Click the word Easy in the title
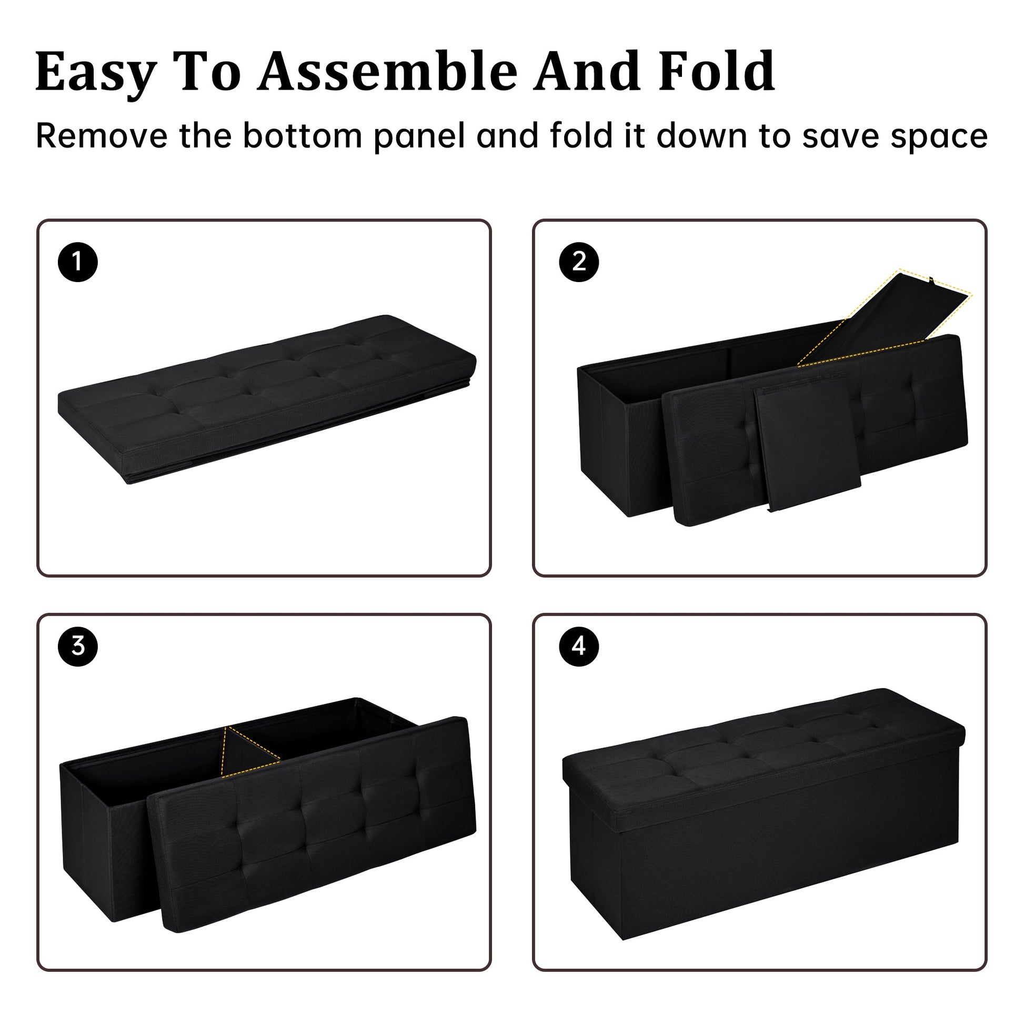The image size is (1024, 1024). pos(96,73)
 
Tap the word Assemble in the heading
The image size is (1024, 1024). pos(387,72)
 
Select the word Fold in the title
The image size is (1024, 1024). pos(717,72)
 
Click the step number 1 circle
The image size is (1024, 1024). pos(78,262)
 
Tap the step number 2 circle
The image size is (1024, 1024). pos(579,262)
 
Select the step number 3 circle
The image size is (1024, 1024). pos(78,646)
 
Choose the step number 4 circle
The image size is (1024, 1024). pos(579,646)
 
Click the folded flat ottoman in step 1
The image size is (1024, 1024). pos(265,397)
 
